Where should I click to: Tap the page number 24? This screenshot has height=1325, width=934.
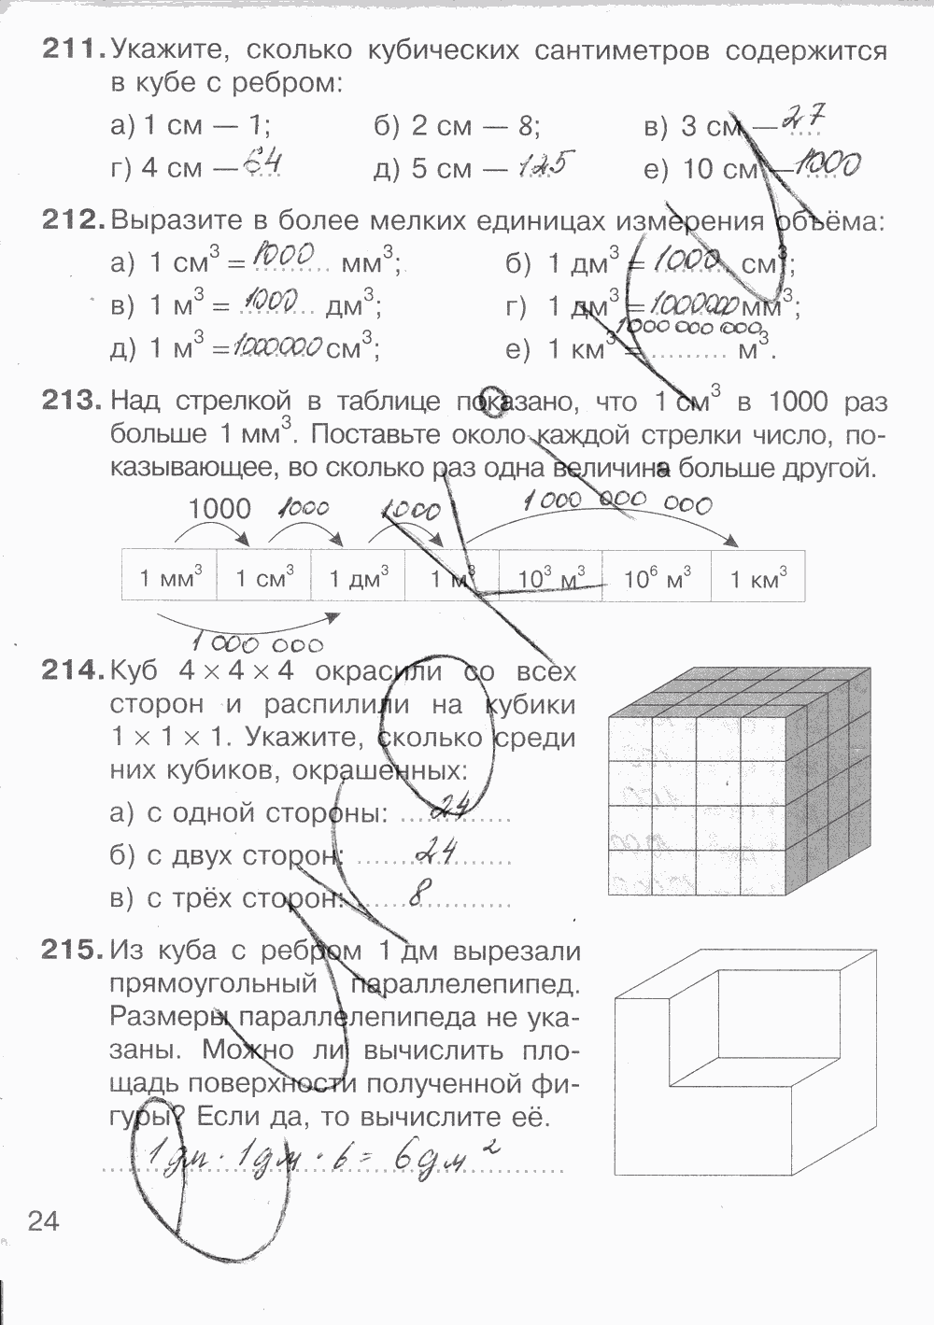coord(43,1220)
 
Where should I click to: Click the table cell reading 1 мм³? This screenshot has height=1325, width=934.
coord(170,578)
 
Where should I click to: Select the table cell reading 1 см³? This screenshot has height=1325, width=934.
coord(264,578)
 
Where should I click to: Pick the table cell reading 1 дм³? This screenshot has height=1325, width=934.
coord(358,578)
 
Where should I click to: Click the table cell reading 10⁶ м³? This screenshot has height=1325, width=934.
coord(658,578)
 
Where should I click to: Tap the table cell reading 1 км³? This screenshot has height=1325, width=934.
coord(757,578)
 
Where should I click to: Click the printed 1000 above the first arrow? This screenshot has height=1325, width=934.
coord(219,509)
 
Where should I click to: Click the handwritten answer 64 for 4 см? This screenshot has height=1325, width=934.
coord(262,165)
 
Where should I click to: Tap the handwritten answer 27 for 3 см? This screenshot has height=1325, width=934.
coord(802,119)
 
